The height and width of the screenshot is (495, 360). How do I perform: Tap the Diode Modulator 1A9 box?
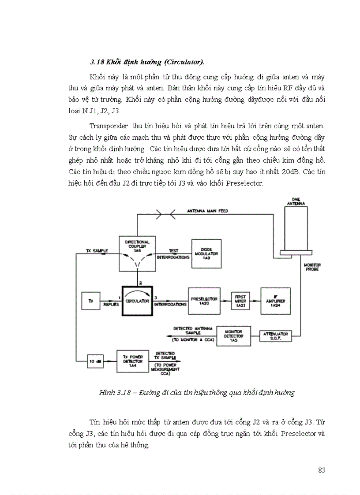[207, 253]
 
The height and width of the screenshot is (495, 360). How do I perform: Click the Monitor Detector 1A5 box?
[233, 336]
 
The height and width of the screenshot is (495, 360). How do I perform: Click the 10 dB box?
[95, 362]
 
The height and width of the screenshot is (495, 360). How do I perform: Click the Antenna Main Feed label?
[207, 211]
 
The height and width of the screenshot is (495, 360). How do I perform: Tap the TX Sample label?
[97, 250]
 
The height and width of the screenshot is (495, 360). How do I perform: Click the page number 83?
[321, 470]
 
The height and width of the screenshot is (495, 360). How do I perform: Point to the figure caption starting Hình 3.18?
[196, 393]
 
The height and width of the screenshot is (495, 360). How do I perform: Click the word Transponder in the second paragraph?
[109, 126]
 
